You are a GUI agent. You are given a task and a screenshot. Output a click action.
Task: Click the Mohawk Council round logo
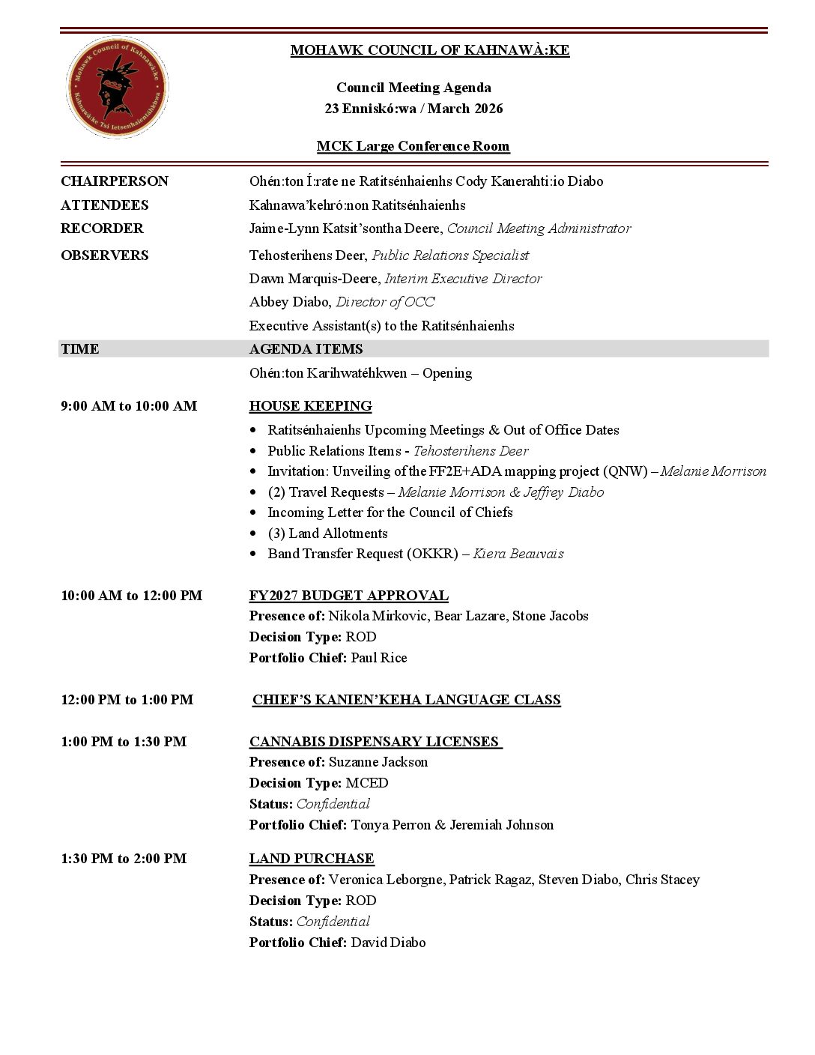pyautogui.click(x=117, y=87)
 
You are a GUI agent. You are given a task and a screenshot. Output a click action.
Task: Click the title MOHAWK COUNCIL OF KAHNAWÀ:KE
pyautogui.click(x=429, y=50)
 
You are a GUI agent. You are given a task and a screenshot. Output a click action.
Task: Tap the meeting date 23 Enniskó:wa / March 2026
pyautogui.click(x=413, y=109)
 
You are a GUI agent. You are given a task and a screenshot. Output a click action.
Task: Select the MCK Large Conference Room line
pyautogui.click(x=413, y=146)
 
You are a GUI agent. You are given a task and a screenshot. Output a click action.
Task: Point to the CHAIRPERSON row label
pyautogui.click(x=115, y=181)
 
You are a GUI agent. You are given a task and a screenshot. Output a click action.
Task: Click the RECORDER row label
pyautogui.click(x=102, y=229)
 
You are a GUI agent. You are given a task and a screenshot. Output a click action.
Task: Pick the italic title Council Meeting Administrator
pyautogui.click(x=539, y=229)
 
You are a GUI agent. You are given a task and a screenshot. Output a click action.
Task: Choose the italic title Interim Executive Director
pyautogui.click(x=463, y=279)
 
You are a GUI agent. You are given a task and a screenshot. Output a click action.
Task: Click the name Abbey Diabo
pyautogui.click(x=289, y=302)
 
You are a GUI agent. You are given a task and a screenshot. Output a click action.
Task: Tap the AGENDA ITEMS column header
pyautogui.click(x=306, y=349)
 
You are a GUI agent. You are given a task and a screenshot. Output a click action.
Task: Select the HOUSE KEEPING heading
pyautogui.click(x=310, y=406)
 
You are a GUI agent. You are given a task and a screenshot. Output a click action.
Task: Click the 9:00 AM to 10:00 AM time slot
pyautogui.click(x=129, y=406)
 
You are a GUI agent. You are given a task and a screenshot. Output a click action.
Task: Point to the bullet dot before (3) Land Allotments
pyautogui.click(x=253, y=534)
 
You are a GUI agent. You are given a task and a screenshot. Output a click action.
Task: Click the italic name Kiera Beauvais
pyautogui.click(x=518, y=554)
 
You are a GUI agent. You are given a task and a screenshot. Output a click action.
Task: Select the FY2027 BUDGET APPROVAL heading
pyautogui.click(x=348, y=596)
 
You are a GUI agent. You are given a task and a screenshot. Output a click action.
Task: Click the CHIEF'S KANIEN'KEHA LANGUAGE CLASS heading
pyautogui.click(x=406, y=700)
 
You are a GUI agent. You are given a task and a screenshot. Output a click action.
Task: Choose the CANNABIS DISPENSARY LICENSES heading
pyautogui.click(x=375, y=742)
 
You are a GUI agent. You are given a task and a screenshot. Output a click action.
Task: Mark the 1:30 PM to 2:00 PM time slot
pyautogui.click(x=124, y=859)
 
